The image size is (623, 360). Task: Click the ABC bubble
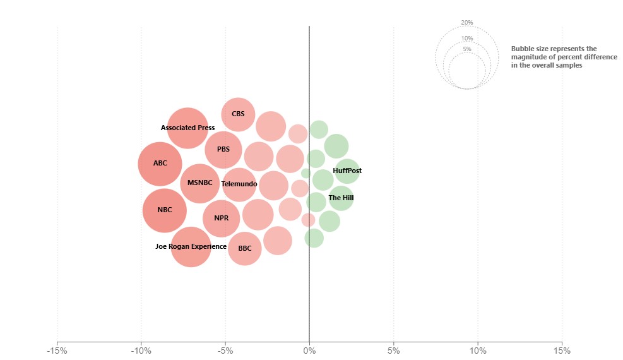[160, 164]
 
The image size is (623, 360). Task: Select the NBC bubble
[165, 210]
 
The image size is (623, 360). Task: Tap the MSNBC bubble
[199, 184]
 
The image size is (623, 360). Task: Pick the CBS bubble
[238, 114]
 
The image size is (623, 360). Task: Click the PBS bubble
[223, 150]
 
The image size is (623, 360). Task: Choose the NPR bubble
[222, 219]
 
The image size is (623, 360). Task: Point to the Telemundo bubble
[239, 184]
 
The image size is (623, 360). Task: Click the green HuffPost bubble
[347, 171]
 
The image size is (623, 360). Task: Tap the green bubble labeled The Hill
[341, 198]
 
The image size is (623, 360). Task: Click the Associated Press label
[187, 128]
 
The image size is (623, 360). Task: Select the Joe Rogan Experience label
[191, 246]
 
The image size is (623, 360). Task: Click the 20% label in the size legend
[467, 23]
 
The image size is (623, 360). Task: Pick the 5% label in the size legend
[467, 49]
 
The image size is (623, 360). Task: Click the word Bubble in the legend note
[522, 49]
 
